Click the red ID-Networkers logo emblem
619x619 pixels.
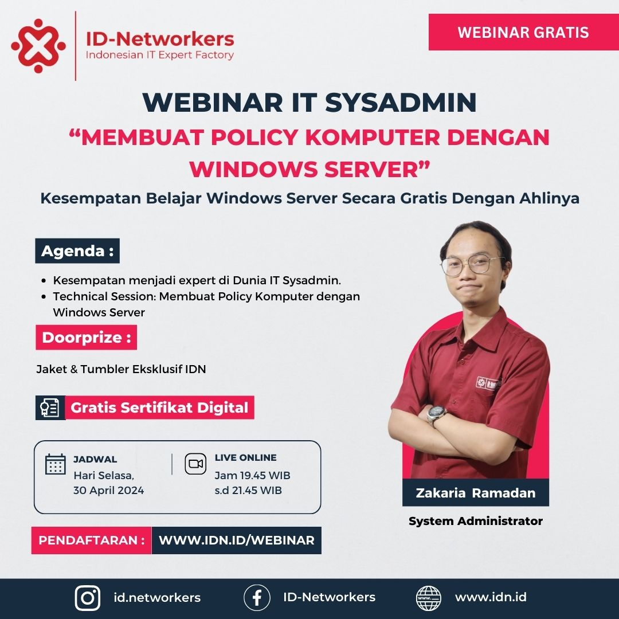pyautogui.click(x=38, y=46)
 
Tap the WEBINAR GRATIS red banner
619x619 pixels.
pyautogui.click(x=523, y=32)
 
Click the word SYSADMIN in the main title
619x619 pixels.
pyautogui.click(x=401, y=103)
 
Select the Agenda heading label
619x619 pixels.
pyautogui.click(x=77, y=251)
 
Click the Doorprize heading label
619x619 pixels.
pyautogui.click(x=87, y=338)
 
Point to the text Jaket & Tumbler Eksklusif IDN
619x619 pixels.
pyautogui.click(x=121, y=369)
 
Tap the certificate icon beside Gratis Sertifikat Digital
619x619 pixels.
pyautogui.click(x=50, y=408)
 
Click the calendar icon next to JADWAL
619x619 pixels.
pyautogui.click(x=56, y=464)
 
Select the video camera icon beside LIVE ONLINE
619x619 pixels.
pyautogui.click(x=195, y=464)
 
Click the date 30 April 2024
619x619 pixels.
pyautogui.click(x=108, y=490)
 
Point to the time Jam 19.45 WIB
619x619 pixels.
pyautogui.click(x=252, y=476)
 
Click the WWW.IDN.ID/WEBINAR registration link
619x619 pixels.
pyautogui.click(x=236, y=540)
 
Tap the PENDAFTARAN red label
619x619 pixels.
pyautogui.click(x=92, y=540)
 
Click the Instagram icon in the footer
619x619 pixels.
pyautogui.click(x=88, y=598)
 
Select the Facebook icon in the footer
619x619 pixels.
pyautogui.click(x=257, y=598)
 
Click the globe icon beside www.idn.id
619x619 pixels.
pyautogui.click(x=429, y=598)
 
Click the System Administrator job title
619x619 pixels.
pyautogui.click(x=475, y=521)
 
